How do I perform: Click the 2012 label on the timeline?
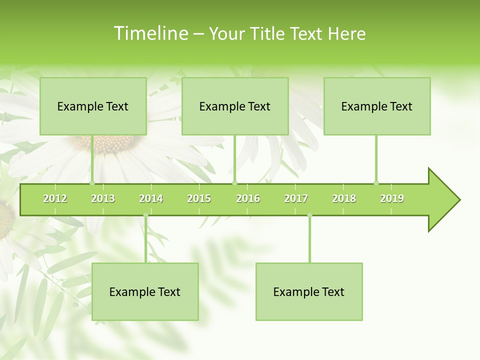(55, 198)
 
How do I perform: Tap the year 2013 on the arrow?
(103, 198)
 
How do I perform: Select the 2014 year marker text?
(151, 198)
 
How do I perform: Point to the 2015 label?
(199, 198)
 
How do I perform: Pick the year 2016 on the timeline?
(248, 198)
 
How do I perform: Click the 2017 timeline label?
(296, 198)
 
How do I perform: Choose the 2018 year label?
(344, 198)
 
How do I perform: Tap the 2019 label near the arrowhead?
(392, 198)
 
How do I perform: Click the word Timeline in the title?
(150, 33)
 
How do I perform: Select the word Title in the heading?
(269, 33)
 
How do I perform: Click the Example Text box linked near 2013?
(93, 106)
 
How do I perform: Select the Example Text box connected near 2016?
(235, 106)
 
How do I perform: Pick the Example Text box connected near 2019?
(377, 106)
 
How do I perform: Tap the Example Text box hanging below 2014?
(145, 291)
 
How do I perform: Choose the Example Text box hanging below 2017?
(309, 291)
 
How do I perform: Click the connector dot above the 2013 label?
(92, 183)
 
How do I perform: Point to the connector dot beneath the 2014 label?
(145, 215)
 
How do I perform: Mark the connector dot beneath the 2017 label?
(309, 215)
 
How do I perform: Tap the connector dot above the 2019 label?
(376, 183)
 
